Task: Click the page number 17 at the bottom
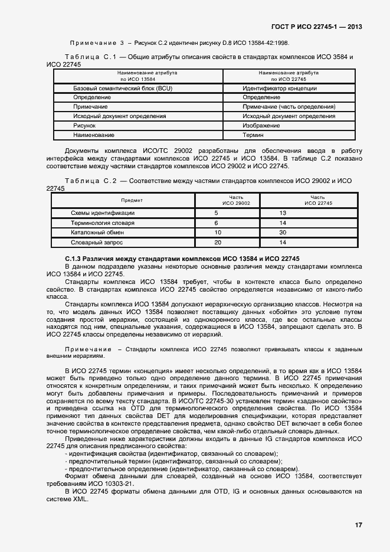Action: pyautogui.click(x=358, y=525)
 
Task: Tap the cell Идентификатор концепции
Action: pyautogui.click(x=280, y=88)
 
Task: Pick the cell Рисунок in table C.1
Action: pyautogui.click(x=84, y=126)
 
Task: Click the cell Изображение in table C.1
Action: pyautogui.click(x=261, y=126)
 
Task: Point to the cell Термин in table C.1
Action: pyautogui.click(x=253, y=135)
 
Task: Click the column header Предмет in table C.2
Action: pyautogui.click(x=132, y=200)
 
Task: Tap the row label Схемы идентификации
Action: pyautogui.click(x=103, y=213)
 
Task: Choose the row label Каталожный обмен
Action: pyautogui.click(x=97, y=233)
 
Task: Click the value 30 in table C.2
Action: pyautogui.click(x=283, y=233)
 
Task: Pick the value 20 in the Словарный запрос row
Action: pyautogui.click(x=218, y=243)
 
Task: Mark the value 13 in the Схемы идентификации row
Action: pyautogui.click(x=283, y=213)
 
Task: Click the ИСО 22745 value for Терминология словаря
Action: pyautogui.click(x=283, y=223)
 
